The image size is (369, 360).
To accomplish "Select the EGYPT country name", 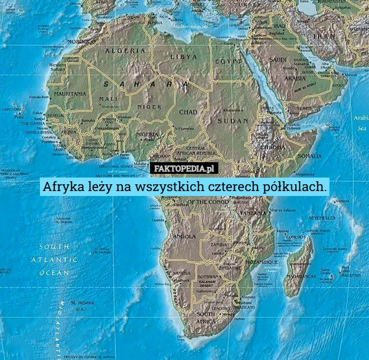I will click(x=228, y=61).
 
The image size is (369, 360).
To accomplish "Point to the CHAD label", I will click(x=188, y=112).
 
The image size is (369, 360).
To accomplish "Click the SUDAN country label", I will click(x=232, y=121).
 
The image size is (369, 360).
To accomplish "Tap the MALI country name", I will click(x=108, y=98).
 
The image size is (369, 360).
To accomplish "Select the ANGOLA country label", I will click(x=185, y=236).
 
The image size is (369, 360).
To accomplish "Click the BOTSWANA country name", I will click(x=210, y=277).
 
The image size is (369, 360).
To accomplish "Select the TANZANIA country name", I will click(x=253, y=213).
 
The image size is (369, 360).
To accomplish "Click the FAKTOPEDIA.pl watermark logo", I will click(x=184, y=168).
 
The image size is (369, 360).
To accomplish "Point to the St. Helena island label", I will click(x=81, y=303).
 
